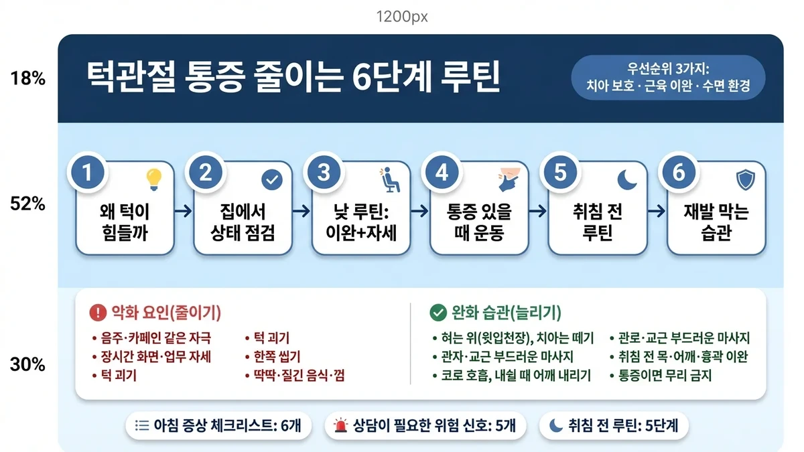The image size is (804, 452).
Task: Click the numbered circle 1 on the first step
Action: (87, 173)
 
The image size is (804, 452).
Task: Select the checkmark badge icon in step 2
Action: (271, 179)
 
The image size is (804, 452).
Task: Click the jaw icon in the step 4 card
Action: (507, 179)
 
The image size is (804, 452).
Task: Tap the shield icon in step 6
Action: (744, 179)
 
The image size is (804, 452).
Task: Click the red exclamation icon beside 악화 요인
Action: (97, 313)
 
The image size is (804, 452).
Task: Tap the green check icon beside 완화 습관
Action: (437, 313)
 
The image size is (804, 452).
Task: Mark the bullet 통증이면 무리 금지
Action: (663, 375)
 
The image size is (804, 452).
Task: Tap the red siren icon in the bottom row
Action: (342, 425)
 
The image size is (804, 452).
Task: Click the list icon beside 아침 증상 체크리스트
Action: (141, 425)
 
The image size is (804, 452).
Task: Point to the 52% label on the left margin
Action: (28, 205)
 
